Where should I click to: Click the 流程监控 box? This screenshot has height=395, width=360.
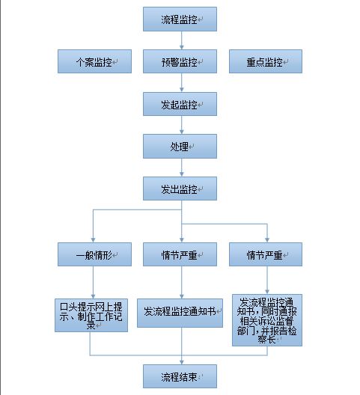(180, 19)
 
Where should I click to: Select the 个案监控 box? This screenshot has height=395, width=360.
(94, 61)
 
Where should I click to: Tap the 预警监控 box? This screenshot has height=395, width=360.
(180, 61)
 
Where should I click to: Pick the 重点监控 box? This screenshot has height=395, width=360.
(266, 61)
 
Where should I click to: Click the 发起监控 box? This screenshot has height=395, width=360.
(180, 104)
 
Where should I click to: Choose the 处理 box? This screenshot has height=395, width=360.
(180, 147)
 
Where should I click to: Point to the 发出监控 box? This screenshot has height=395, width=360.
(180, 189)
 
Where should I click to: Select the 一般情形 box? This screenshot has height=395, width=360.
(94, 254)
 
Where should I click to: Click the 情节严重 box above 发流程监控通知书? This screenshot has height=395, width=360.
(180, 254)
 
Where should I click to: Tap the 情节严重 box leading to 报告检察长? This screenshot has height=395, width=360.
(266, 254)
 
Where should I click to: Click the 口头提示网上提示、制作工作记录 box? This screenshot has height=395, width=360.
(91, 315)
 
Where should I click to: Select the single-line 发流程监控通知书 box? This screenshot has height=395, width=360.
(180, 313)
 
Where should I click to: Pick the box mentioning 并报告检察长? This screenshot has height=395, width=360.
(267, 320)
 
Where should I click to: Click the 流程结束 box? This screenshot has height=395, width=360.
(180, 376)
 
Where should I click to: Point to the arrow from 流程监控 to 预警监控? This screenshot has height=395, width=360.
(182, 40)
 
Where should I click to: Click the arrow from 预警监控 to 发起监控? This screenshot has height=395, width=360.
(182, 82)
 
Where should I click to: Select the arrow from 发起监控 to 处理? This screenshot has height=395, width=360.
(182, 125)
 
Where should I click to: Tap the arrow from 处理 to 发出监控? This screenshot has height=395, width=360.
(182, 168)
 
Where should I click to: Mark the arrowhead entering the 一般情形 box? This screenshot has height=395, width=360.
(93, 240)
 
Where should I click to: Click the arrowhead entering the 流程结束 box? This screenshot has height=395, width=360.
(182, 362)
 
